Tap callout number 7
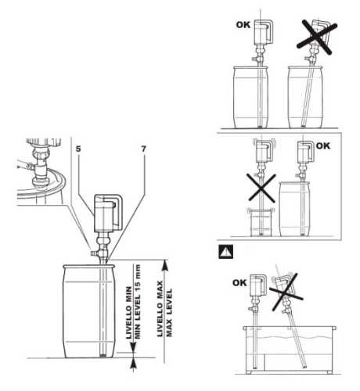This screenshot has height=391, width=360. [142, 146]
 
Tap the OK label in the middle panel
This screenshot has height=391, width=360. [322, 145]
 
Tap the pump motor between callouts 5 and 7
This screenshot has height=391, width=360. [105, 212]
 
